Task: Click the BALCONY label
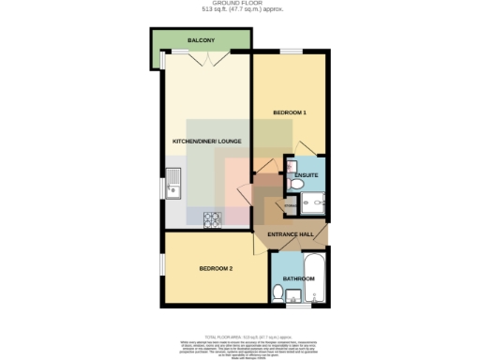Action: coord(201,41)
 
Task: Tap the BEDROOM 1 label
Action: coord(290,112)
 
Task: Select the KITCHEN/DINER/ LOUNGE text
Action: coord(207,142)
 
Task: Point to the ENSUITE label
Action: coord(306,175)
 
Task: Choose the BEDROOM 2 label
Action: coord(215,269)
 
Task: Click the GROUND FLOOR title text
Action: coord(240,5)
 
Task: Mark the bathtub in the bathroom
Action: coord(316,277)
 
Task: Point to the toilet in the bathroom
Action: coord(277,293)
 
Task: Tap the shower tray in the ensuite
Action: coord(314,200)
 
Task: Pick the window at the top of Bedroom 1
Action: coord(290,52)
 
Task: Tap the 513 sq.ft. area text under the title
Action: coord(240,12)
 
